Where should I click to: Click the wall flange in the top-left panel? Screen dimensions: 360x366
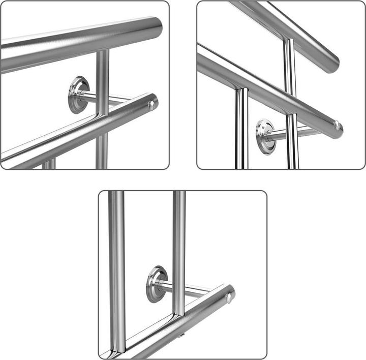click(x=79, y=95)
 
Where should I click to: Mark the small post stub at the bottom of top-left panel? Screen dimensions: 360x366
click(x=49, y=164)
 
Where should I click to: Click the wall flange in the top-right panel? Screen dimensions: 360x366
click(x=265, y=133)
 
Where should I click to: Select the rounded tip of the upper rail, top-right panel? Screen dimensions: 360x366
click(x=332, y=64)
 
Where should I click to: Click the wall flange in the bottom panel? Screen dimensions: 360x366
click(x=157, y=284)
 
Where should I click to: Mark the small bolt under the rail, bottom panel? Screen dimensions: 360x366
click(x=181, y=336)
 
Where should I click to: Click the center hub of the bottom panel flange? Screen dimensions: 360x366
click(x=157, y=284)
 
